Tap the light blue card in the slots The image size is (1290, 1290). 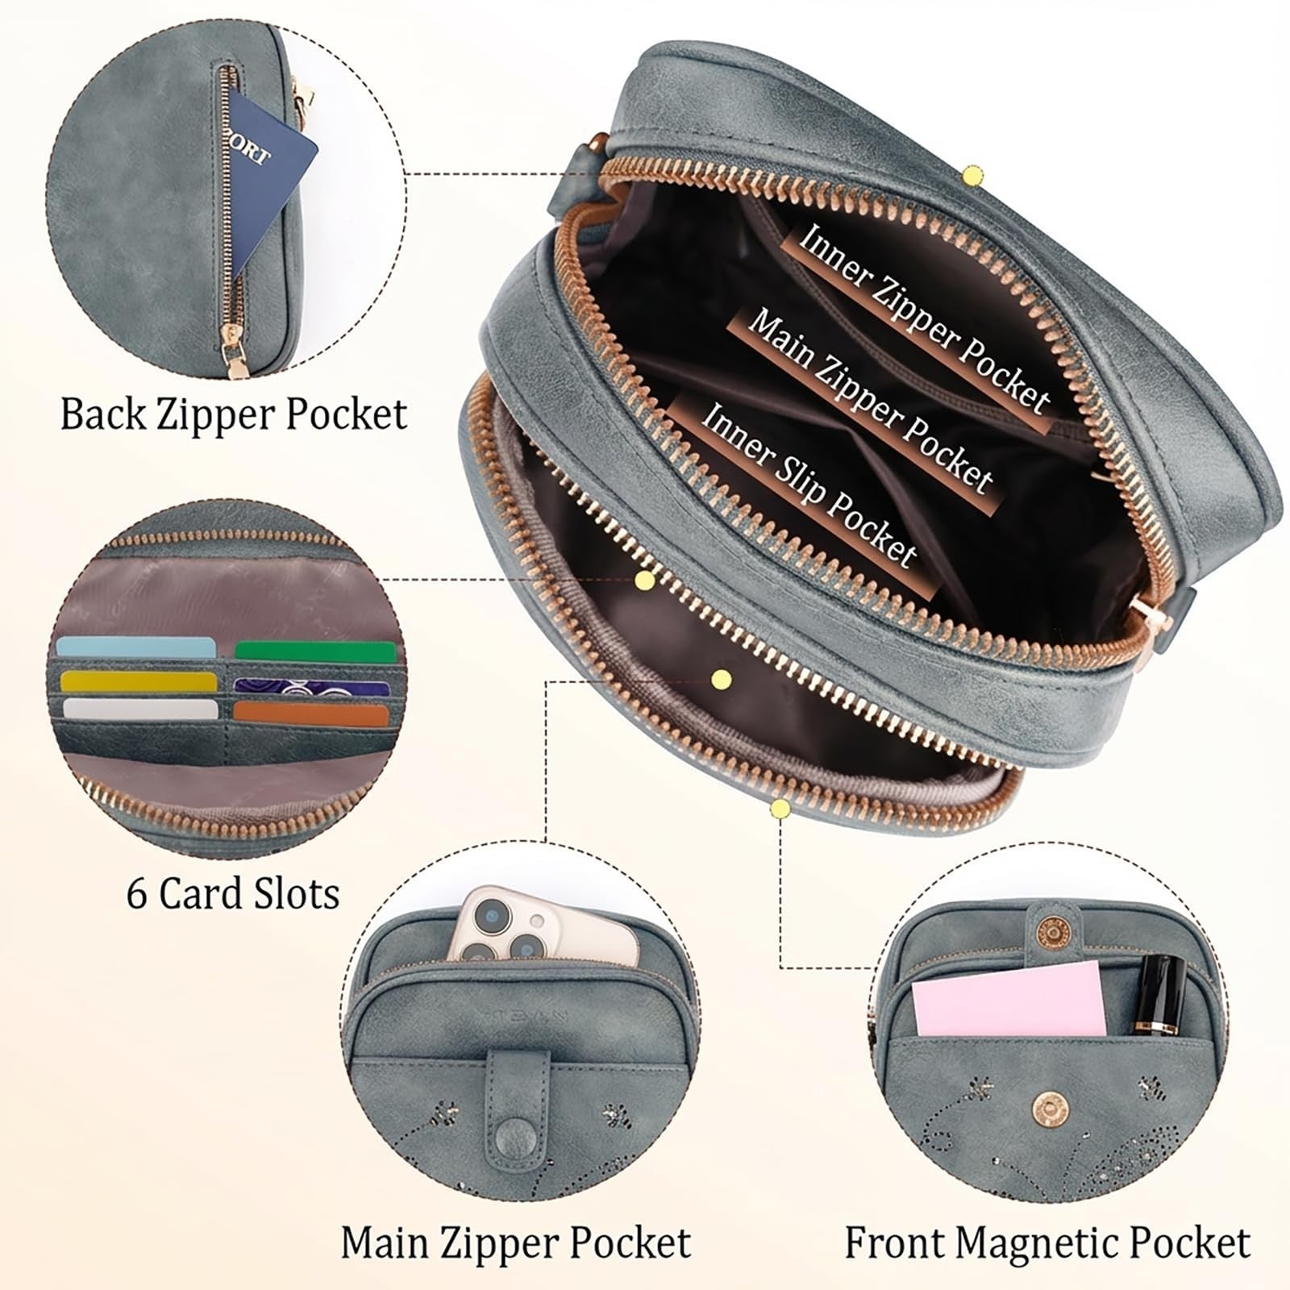tap(136, 647)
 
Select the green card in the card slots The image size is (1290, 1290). tap(316, 651)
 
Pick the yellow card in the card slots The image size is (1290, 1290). tap(138, 681)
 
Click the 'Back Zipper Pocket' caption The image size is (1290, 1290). tap(234, 414)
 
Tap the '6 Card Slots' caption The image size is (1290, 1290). tap(233, 893)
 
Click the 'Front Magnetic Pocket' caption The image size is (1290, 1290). tap(1047, 1242)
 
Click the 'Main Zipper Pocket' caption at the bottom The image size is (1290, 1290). tap(516, 1242)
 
